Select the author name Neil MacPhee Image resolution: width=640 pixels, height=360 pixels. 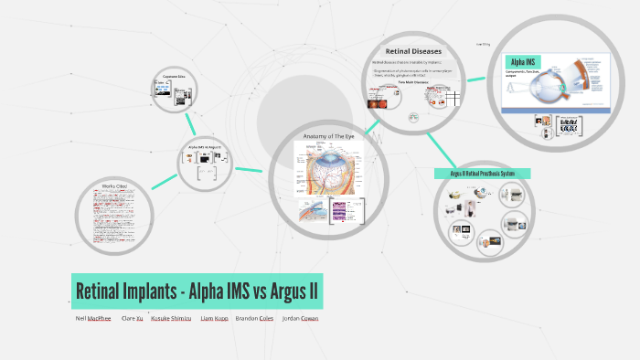94,319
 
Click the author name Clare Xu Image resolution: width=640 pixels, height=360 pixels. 132,319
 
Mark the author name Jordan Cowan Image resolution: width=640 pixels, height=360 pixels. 300,319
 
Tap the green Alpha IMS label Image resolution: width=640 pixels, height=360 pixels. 525,62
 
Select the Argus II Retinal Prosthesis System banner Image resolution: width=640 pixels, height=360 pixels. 483,173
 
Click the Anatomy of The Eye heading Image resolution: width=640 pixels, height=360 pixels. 328,137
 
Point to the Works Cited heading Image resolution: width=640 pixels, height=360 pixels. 114,186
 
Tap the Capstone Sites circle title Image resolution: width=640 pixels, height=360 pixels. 175,76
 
